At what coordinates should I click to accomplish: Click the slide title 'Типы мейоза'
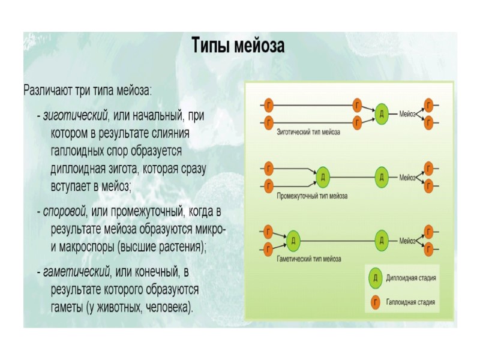click(238, 46)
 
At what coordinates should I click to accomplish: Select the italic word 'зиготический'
click(74, 115)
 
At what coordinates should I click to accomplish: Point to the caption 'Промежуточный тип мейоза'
click(311, 196)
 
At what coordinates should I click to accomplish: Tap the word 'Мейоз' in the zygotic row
click(408, 113)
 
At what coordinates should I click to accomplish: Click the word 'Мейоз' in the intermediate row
click(408, 177)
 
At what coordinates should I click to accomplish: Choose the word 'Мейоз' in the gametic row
click(408, 241)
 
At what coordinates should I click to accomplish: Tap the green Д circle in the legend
click(374, 278)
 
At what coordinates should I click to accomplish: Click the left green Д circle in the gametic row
click(293, 241)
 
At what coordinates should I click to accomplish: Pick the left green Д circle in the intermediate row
click(323, 177)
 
